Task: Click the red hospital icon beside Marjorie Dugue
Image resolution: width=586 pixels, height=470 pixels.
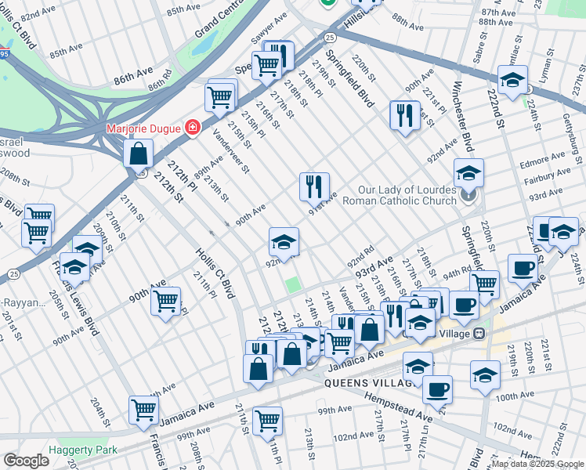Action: [x=191, y=127]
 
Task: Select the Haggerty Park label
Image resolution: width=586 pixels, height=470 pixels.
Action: [x=82, y=450]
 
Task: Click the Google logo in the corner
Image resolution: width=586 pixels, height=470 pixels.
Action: [x=26, y=460]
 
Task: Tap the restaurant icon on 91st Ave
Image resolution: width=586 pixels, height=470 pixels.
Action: [x=313, y=186]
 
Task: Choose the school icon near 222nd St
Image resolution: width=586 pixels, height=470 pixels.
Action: [x=512, y=80]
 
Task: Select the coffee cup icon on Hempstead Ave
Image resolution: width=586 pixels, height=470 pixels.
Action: [x=437, y=388]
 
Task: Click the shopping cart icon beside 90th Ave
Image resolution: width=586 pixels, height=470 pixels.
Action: [x=165, y=300]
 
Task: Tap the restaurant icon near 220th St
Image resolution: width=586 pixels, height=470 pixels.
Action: [x=404, y=115]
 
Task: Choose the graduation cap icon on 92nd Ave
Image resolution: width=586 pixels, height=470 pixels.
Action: [x=284, y=241]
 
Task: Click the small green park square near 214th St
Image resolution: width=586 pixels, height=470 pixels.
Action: [x=293, y=284]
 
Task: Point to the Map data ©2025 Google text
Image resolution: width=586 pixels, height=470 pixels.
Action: [x=537, y=464]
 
